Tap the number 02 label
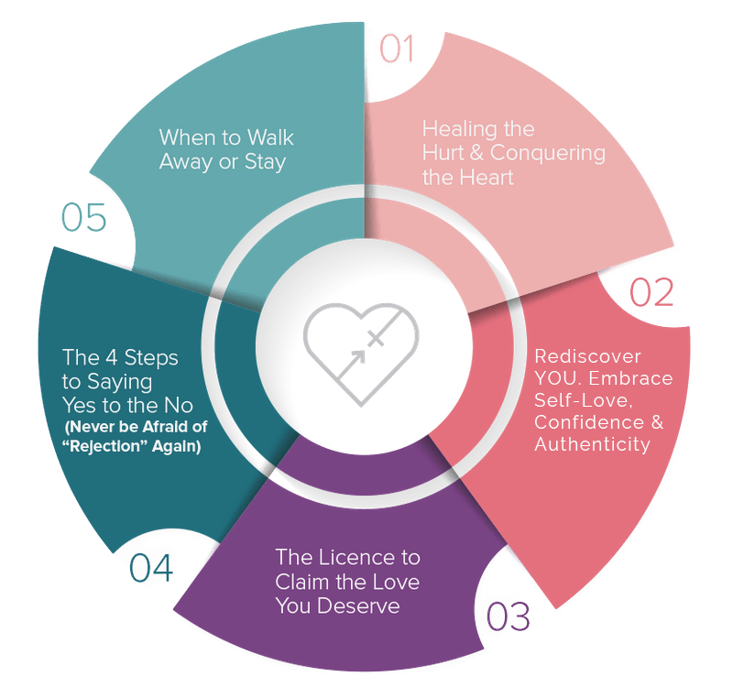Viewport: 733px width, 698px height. pos(650,290)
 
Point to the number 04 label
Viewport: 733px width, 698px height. pos(150,568)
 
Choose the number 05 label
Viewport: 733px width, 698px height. pos(84,218)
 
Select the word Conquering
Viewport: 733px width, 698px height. pos(553,153)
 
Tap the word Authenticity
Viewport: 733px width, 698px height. pos(592,445)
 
